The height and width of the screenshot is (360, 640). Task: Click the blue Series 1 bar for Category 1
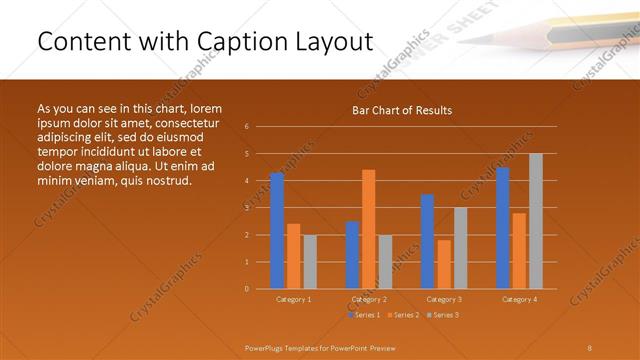click(x=277, y=231)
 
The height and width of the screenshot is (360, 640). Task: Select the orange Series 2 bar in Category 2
click(x=369, y=229)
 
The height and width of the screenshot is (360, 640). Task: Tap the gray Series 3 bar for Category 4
click(x=536, y=221)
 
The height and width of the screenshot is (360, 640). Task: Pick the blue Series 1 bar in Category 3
click(x=427, y=242)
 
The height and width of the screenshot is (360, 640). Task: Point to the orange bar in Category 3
click(x=444, y=264)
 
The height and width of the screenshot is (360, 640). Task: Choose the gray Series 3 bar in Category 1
click(x=310, y=262)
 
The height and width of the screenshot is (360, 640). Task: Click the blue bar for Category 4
click(x=503, y=228)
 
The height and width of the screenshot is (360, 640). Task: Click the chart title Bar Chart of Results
click(x=402, y=110)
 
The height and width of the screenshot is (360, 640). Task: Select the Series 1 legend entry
click(x=365, y=315)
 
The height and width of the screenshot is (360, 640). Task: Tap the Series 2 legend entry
click(x=403, y=315)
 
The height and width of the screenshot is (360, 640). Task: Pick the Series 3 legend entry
click(x=442, y=315)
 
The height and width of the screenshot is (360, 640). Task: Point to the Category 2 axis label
click(x=368, y=299)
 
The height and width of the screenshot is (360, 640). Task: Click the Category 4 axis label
click(x=518, y=299)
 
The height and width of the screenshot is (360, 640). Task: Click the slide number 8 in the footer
click(x=589, y=347)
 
